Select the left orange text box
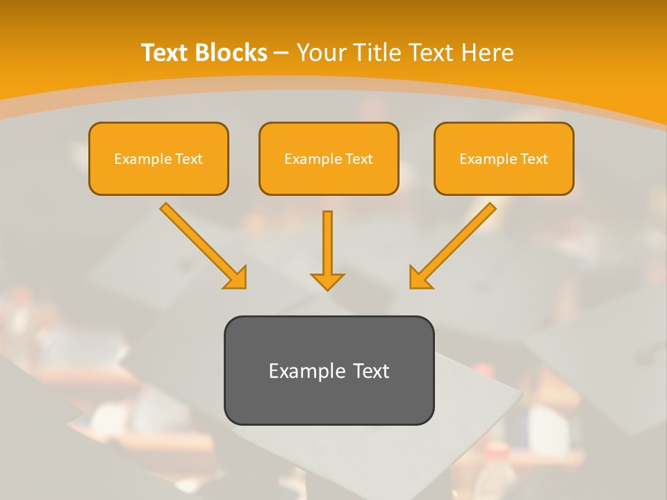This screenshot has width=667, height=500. (158, 158)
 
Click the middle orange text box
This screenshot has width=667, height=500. (329, 158)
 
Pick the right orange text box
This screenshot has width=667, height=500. (504, 158)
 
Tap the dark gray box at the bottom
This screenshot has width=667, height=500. (329, 370)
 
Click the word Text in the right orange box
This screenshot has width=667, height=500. (534, 159)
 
